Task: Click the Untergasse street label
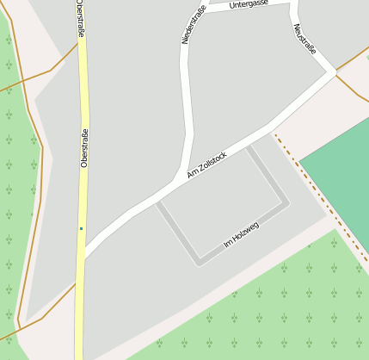249,4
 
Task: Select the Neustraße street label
304,39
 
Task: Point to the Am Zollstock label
206,165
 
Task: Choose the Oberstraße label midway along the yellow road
84,147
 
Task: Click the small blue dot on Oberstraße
81,228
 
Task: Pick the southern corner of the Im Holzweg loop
199,263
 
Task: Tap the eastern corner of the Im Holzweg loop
286,204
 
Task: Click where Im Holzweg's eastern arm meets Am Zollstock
249,146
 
